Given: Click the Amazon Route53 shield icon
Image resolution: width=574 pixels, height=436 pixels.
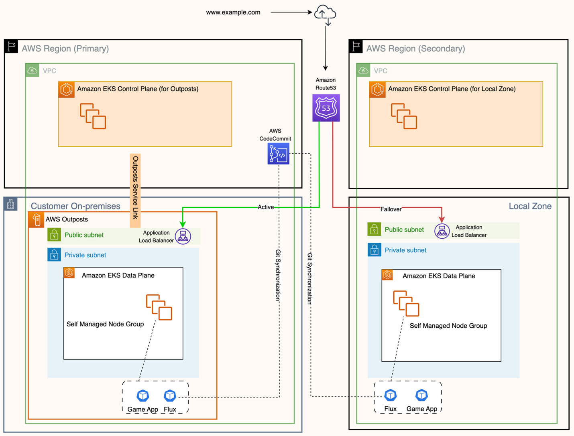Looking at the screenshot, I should click(x=326, y=108).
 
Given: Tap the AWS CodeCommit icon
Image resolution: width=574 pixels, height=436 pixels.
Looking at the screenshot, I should click(x=278, y=154).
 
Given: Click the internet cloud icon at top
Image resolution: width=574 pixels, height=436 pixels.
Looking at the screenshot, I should click(x=325, y=14).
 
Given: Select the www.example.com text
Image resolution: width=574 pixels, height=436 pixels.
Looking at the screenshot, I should click(x=233, y=12).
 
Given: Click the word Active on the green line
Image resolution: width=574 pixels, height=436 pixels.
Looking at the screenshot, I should click(x=265, y=207).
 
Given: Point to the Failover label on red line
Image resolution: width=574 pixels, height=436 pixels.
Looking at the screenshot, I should click(x=391, y=209).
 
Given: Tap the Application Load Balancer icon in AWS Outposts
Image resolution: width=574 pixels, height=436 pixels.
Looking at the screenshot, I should click(x=183, y=236).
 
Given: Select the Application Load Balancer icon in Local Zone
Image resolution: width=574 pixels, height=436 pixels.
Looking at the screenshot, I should click(x=442, y=231).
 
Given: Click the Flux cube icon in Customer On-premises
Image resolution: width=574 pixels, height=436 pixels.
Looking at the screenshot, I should click(x=170, y=396).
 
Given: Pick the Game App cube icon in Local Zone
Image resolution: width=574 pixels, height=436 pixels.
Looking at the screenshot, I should click(x=421, y=395).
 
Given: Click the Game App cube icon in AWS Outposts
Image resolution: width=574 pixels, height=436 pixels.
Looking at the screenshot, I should click(x=143, y=396).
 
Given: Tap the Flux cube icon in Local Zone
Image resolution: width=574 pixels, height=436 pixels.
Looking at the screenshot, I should click(x=391, y=395).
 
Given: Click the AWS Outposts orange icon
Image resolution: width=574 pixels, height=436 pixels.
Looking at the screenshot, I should click(x=36, y=219).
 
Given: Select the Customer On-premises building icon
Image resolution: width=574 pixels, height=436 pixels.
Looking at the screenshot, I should click(x=11, y=204).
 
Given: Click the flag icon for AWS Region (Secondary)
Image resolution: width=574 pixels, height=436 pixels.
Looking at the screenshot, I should click(x=356, y=47).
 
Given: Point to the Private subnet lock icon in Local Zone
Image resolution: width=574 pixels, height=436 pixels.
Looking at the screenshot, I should click(x=374, y=250).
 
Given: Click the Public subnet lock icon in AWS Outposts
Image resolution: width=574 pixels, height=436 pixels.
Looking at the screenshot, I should click(x=54, y=235).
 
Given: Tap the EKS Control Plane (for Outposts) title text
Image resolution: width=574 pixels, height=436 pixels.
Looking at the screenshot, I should click(x=138, y=89).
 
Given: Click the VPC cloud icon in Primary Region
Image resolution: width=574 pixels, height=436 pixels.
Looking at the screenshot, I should click(x=33, y=71).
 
